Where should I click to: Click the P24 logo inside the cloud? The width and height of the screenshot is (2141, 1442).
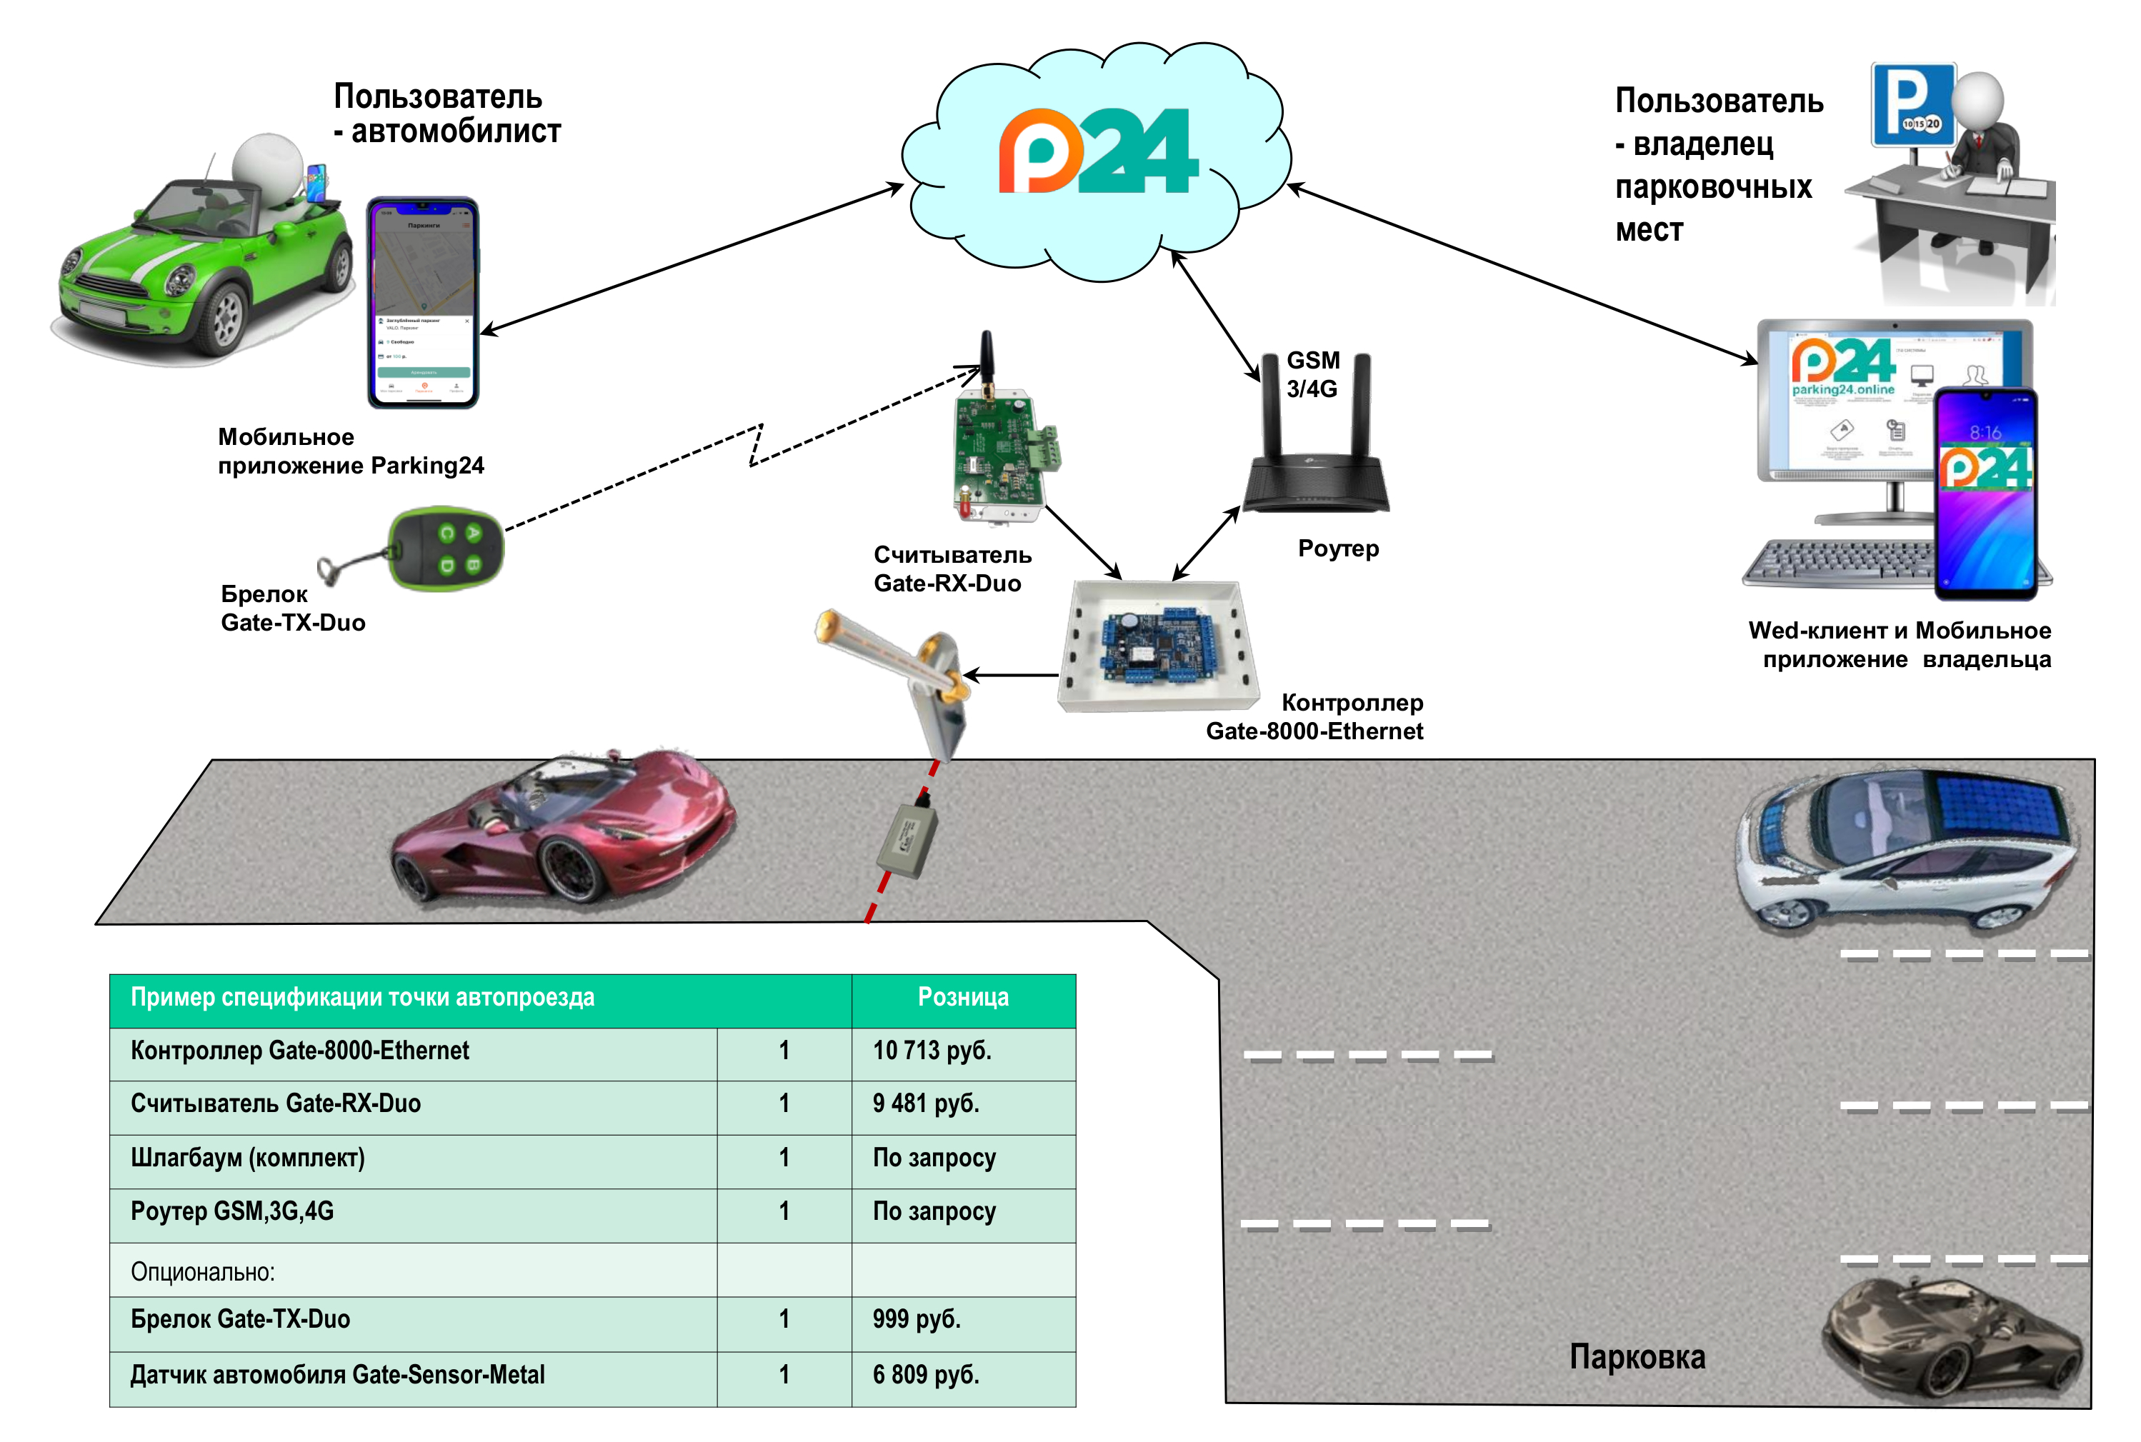click(x=1098, y=151)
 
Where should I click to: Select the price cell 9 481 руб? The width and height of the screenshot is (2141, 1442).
click(x=925, y=1103)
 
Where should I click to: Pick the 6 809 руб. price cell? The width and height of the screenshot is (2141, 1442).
click(x=925, y=1375)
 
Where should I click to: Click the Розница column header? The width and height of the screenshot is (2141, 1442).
click(x=963, y=998)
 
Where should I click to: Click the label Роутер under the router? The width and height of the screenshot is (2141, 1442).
click(x=1338, y=549)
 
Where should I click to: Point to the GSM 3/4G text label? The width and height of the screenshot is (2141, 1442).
click(x=1312, y=374)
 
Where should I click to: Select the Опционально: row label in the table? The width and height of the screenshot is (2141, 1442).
click(x=202, y=1272)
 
